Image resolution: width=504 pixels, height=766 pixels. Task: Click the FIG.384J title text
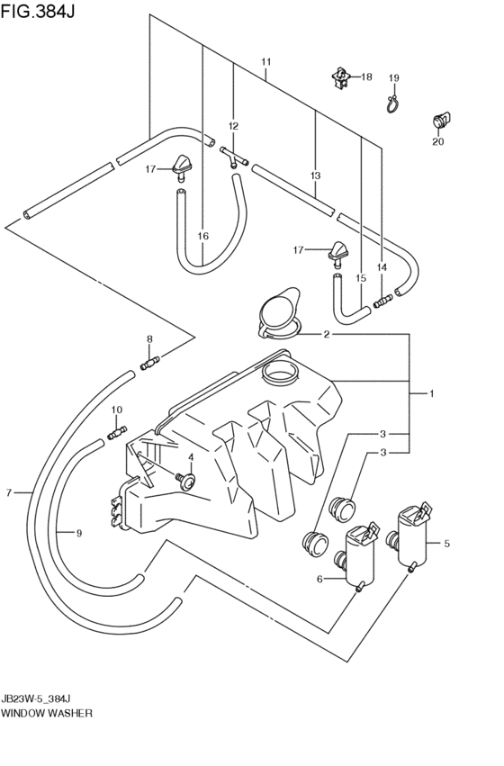(38, 11)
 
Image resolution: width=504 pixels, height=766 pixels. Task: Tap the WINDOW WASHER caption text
(47, 713)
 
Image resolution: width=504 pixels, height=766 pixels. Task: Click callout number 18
(366, 77)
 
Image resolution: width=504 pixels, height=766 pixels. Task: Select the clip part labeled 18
(340, 78)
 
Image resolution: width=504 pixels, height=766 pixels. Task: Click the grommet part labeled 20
(440, 120)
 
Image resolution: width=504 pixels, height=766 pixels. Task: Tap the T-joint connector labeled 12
(234, 158)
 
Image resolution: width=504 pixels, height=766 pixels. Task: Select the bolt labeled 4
(186, 481)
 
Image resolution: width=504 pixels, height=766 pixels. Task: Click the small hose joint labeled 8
(150, 363)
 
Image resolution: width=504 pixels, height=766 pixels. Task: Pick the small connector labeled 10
(117, 432)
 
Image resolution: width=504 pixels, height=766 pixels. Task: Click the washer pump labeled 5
(411, 536)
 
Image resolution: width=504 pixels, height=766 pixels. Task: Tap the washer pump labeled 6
(357, 558)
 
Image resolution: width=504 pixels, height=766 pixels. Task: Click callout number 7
(9, 493)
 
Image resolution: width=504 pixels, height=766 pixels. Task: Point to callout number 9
(79, 533)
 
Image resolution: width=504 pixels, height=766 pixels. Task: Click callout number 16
(203, 236)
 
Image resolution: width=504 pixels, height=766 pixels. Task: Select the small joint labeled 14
(382, 301)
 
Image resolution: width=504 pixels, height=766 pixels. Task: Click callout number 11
(265, 62)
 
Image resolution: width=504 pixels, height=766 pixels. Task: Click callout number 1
(432, 393)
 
